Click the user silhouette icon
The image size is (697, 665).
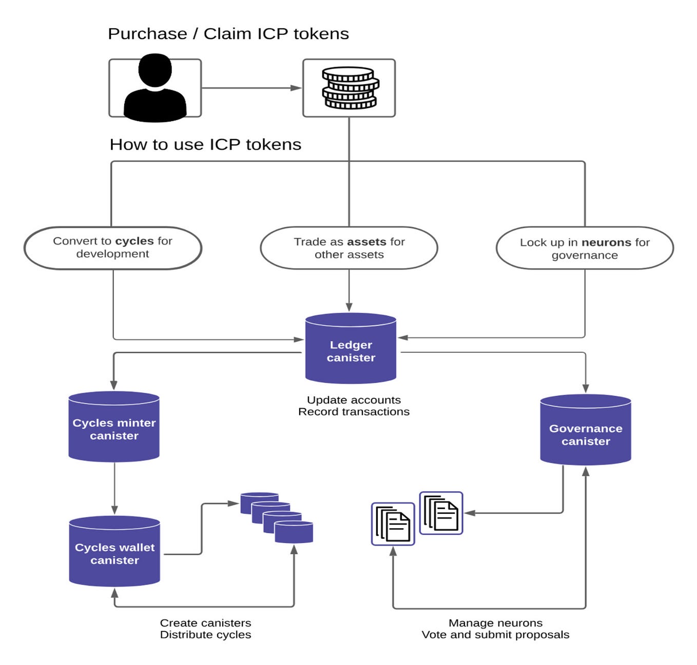(x=154, y=88)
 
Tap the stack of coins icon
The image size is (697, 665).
(x=349, y=88)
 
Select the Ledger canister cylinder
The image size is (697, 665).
(x=351, y=349)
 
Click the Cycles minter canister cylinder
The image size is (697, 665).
(x=114, y=427)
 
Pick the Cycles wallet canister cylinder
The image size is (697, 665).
(x=114, y=552)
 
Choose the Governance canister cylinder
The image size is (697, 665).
(x=585, y=430)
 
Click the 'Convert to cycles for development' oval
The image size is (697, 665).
(x=113, y=248)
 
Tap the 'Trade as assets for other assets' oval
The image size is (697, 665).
(x=349, y=248)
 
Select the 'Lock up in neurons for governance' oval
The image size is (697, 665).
(x=585, y=248)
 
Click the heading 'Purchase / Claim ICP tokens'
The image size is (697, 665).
(x=228, y=34)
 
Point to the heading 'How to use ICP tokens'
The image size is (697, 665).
(x=205, y=145)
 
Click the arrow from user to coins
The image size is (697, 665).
(x=251, y=88)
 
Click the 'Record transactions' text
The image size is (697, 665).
(x=354, y=412)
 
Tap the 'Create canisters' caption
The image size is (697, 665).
(x=205, y=623)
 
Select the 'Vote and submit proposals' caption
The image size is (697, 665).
(x=495, y=635)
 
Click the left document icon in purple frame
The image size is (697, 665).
(x=393, y=523)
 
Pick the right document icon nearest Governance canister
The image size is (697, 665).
(x=441, y=513)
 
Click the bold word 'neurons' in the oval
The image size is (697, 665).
(x=606, y=243)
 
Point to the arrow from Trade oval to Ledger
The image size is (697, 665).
(x=349, y=290)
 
